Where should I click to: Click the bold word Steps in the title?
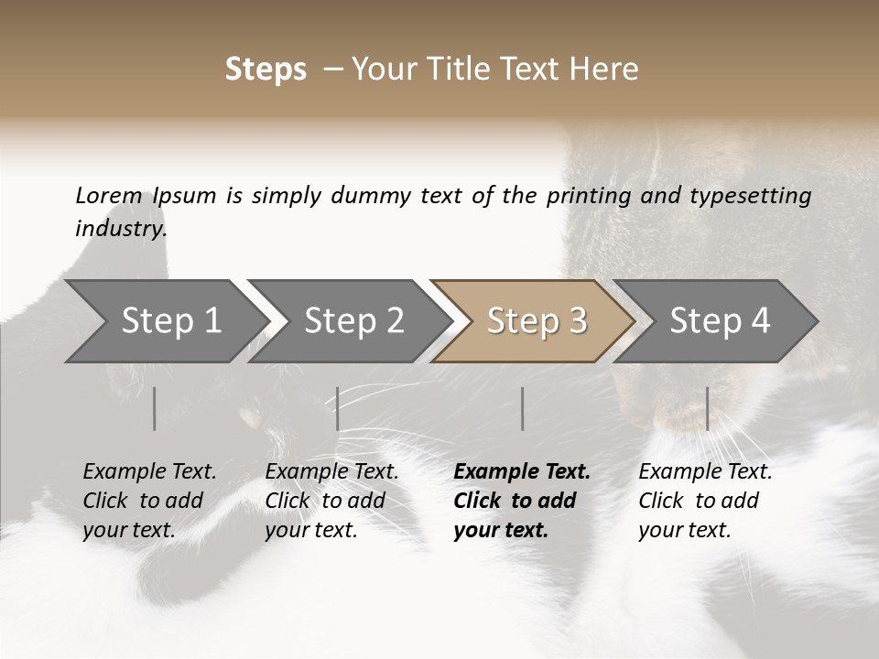pyautogui.click(x=266, y=70)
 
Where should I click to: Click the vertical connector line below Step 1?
pyautogui.click(x=155, y=408)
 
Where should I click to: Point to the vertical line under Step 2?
pyautogui.click(x=338, y=408)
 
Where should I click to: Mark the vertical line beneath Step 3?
pyautogui.click(x=522, y=408)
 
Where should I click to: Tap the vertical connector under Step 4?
pyautogui.click(x=707, y=408)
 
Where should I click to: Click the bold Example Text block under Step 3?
pyautogui.click(x=521, y=501)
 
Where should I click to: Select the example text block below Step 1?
pyautogui.click(x=149, y=501)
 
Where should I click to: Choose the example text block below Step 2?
pyautogui.click(x=331, y=501)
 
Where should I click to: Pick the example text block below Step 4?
pyautogui.click(x=705, y=501)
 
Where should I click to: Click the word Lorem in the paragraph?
pyautogui.click(x=108, y=196)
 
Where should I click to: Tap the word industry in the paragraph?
pyautogui.click(x=120, y=229)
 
